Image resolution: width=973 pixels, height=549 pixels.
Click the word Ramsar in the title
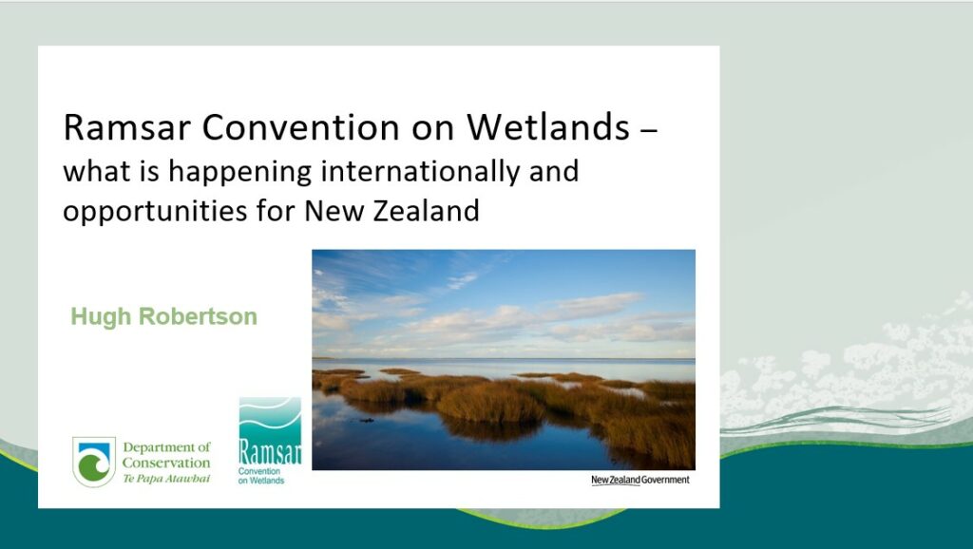[127, 126]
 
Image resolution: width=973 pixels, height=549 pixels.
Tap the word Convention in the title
[301, 126]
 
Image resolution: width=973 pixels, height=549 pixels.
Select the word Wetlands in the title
[548, 126]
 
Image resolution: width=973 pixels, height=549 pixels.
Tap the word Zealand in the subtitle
[427, 210]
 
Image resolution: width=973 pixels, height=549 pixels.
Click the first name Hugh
[101, 317]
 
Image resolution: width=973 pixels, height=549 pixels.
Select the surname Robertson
[198, 316]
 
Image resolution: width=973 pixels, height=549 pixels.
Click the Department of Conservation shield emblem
[94, 462]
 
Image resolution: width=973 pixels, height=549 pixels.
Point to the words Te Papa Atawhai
[166, 479]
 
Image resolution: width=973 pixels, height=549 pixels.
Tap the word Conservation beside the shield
[166, 463]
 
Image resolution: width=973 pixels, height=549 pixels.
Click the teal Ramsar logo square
[270, 431]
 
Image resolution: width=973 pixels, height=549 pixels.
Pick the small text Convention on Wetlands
[261, 476]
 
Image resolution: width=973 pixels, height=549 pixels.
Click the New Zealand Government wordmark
[639, 480]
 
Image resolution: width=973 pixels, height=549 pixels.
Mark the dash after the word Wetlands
[648, 130]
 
